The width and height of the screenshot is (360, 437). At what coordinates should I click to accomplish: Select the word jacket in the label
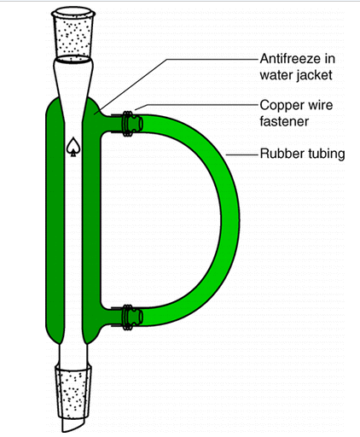pyautogui.click(x=315, y=75)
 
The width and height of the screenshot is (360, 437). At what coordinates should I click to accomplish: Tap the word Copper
pyautogui.click(x=281, y=106)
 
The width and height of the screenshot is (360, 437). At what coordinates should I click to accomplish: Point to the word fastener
pyautogui.click(x=284, y=121)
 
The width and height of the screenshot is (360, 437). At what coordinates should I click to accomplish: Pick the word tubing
pyautogui.click(x=323, y=154)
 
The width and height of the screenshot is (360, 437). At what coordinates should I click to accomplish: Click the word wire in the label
pyautogui.click(x=319, y=105)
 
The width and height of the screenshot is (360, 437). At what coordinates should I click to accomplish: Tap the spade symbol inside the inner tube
pyautogui.click(x=73, y=147)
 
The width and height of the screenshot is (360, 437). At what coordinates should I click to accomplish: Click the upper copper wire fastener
pyautogui.click(x=128, y=124)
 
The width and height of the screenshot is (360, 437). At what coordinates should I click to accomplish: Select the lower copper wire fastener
pyautogui.click(x=128, y=318)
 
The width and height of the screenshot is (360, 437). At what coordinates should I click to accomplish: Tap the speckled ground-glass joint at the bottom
pyautogui.click(x=73, y=393)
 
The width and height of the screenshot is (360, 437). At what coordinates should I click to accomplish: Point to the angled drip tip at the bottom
pyautogui.click(x=74, y=425)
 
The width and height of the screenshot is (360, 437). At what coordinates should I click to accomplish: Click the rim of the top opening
pyautogui.click(x=73, y=13)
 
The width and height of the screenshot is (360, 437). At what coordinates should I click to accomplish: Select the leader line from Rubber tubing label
pyautogui.click(x=241, y=155)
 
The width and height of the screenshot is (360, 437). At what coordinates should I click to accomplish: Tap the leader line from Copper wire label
pyautogui.click(x=196, y=105)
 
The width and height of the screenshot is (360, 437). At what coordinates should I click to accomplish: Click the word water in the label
pyautogui.click(x=276, y=75)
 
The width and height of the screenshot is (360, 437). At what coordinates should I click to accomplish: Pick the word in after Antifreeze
pyautogui.click(x=330, y=59)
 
